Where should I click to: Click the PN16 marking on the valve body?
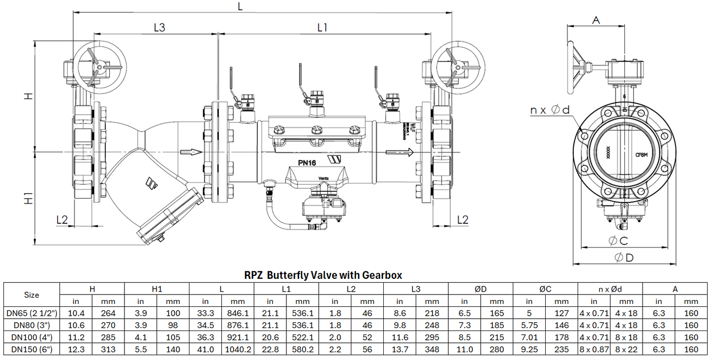coord(307,163)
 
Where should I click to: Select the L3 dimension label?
coord(159,28)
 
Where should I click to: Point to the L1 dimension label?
coord(322,28)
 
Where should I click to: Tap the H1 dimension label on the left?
coord(29,199)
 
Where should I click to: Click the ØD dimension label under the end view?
coord(624,257)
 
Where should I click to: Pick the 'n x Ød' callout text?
coord(550,110)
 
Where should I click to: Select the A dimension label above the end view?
coord(596,20)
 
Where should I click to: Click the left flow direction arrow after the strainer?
coord(191,152)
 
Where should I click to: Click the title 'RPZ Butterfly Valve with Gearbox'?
coord(323,275)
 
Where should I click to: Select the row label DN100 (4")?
coord(31,337)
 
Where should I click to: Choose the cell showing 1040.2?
coord(238,349)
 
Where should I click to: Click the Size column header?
coord(31,295)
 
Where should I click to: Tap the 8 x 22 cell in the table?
coord(626,349)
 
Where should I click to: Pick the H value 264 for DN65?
coord(108,313)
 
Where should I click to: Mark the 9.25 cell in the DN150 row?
coord(529,349)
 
